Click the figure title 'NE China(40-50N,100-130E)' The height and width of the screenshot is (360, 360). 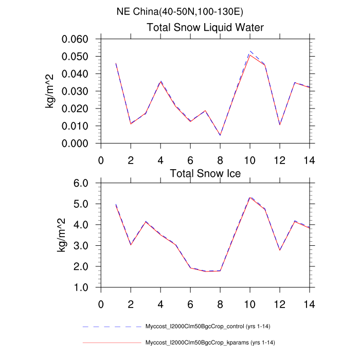click(x=180, y=12)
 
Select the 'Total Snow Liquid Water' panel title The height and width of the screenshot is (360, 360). click(x=206, y=28)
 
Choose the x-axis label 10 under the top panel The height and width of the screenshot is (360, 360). click(x=250, y=158)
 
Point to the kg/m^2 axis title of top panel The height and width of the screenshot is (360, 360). click(x=51, y=92)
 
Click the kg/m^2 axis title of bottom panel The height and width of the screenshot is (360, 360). click(x=61, y=235)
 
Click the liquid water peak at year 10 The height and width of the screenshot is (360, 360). click(x=250, y=53)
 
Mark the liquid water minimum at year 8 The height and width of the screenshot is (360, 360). click(x=220, y=135)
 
